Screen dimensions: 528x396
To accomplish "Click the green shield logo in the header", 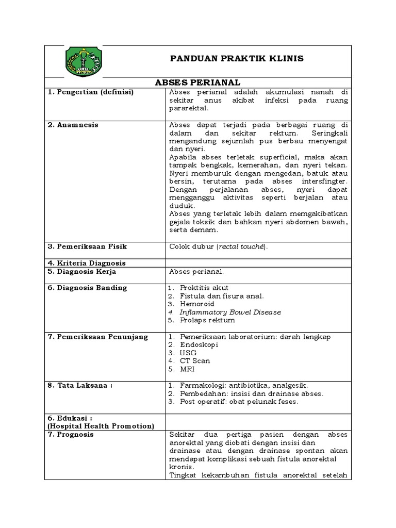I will [x=84, y=61].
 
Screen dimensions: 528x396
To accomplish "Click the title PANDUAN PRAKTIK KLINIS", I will [x=237, y=59].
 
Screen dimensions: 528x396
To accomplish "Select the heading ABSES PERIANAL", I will [x=198, y=82].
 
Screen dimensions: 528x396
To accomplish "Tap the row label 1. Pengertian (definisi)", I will [x=90, y=92].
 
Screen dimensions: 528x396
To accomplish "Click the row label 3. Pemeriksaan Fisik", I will [x=87, y=246].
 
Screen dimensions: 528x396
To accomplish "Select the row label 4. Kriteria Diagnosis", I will [x=86, y=263].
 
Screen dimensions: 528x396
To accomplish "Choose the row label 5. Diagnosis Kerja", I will [x=81, y=271].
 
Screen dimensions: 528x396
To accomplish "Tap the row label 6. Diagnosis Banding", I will [x=87, y=288].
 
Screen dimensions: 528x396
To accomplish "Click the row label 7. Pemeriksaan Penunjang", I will [x=97, y=337].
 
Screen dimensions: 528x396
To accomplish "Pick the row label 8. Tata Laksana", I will [x=80, y=385].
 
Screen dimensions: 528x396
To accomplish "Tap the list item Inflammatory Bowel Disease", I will [x=230, y=312].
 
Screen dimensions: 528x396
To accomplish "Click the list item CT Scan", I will [x=195, y=361].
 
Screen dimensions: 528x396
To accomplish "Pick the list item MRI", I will [x=187, y=369].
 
